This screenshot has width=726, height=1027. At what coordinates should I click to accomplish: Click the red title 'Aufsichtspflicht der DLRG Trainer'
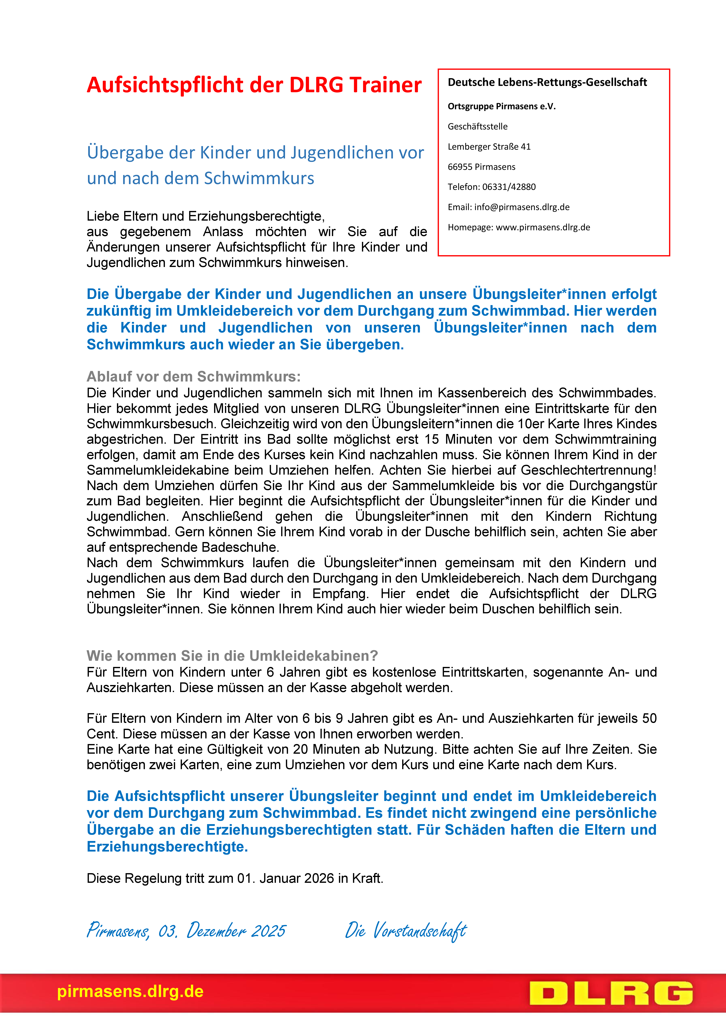coord(254,85)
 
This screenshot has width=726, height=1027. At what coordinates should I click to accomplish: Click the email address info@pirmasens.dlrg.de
coord(522,207)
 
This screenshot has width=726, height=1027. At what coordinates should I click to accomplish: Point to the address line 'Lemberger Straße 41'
coord(489,147)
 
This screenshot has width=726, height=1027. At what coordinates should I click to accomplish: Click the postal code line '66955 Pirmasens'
coord(481,167)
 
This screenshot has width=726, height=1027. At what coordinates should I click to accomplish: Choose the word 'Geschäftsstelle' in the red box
coord(477,127)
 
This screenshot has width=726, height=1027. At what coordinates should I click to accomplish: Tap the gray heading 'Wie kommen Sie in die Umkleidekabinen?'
coord(232,656)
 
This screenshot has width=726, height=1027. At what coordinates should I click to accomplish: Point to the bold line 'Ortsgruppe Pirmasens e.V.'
coord(501,106)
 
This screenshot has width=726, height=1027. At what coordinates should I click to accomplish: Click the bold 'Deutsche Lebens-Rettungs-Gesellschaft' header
coord(547,82)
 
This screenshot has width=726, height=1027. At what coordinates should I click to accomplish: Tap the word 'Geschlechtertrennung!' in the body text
coord(589,470)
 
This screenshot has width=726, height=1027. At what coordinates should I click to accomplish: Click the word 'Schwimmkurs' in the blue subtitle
coord(259,178)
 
